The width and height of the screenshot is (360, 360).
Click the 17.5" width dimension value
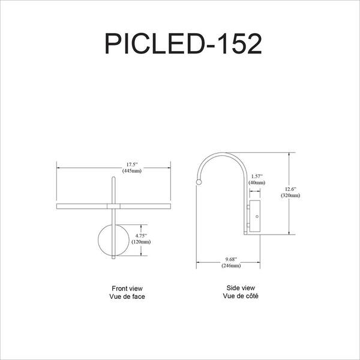131,164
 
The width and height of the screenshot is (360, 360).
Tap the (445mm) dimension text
131,171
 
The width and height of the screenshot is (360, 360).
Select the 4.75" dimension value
142,236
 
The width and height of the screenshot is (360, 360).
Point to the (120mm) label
142,243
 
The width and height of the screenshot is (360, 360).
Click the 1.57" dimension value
256,175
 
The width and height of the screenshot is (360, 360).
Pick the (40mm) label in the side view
256,182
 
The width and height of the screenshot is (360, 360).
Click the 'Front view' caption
127,289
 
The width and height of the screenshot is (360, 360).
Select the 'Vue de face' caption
127,296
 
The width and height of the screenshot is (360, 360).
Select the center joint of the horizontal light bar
113,206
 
